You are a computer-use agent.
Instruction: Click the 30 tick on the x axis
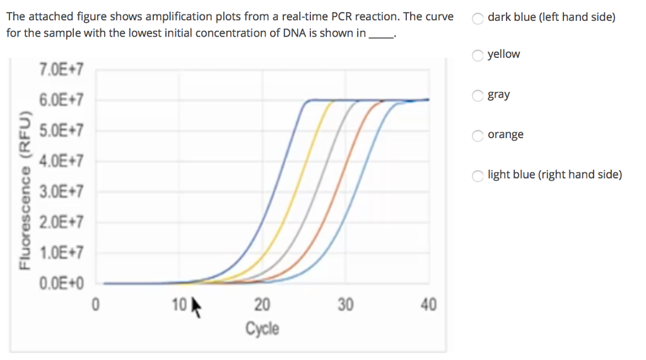[345, 306]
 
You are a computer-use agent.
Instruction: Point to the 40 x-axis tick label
[428, 306]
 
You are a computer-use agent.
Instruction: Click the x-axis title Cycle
[262, 328]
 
